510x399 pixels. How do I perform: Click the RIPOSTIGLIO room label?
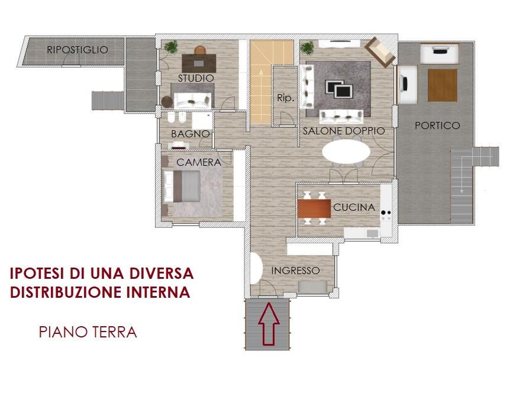pos(78,50)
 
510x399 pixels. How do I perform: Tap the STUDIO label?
pos(196,78)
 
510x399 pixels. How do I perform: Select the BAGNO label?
pos(191,134)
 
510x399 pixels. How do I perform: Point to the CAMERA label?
pos(199,162)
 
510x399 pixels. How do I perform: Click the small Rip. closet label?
pos(286,98)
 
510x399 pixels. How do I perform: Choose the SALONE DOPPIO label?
pos(344,131)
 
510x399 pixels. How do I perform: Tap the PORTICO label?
pos(437,126)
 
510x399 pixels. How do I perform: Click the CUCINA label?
pos(354,207)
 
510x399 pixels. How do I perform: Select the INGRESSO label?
pos(295,271)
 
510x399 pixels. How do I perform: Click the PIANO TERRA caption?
pos(88,332)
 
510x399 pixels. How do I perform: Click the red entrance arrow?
pos(269,323)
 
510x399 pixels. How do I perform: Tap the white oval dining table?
pos(346,152)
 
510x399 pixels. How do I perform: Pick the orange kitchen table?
pos(314,208)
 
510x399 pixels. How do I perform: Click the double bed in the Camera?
pos(182,186)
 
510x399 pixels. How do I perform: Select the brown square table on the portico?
pos(443,85)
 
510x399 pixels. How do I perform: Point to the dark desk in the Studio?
pos(199,63)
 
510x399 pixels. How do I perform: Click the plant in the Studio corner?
pos(170,47)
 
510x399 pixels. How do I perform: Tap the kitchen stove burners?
pos(386,213)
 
